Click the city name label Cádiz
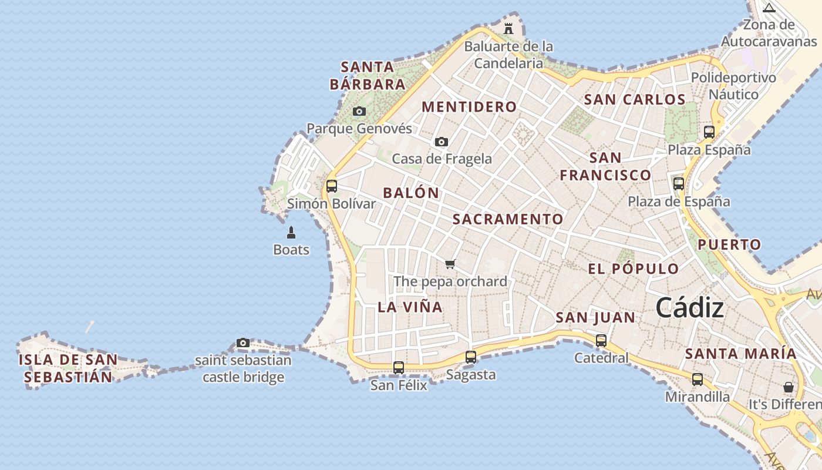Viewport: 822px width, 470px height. point(689,307)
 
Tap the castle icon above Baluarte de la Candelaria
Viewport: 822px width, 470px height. point(508,28)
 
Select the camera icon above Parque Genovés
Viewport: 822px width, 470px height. point(359,111)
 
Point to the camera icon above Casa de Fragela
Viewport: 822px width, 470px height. point(442,142)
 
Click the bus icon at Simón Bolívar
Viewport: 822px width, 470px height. point(332,186)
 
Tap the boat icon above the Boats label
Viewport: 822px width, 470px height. point(291,233)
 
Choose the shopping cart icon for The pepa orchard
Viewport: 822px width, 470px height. point(450,264)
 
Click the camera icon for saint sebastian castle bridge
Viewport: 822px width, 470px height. point(243,343)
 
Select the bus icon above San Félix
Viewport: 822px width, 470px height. point(399,368)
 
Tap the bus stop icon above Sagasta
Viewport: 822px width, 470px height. point(471,357)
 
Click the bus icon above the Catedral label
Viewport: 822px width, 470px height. point(601,340)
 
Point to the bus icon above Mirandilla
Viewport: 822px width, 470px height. point(698,380)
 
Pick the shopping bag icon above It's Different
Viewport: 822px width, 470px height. point(789,387)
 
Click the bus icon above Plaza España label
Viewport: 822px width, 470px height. point(709,132)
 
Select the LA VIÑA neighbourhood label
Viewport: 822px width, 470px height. point(410,307)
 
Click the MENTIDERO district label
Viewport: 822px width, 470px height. point(469,107)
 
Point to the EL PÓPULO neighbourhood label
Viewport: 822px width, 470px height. point(634,269)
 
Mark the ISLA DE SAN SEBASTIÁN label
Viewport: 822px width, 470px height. point(68,368)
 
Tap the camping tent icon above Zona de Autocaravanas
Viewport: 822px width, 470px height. point(769,8)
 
